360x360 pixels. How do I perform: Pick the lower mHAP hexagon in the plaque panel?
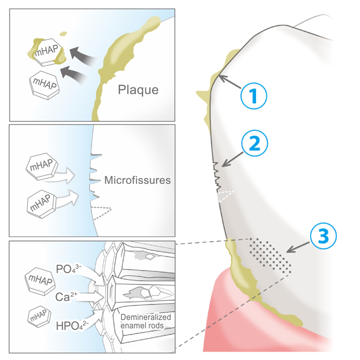click(x=45, y=83)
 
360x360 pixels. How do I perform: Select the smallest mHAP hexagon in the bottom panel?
click(x=38, y=315)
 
